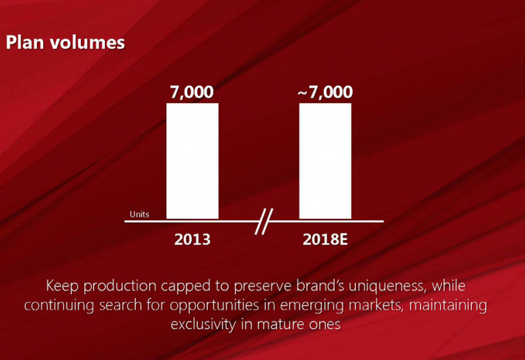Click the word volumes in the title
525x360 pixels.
pyautogui.click(x=87, y=43)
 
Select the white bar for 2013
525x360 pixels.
pyautogui.click(x=193, y=161)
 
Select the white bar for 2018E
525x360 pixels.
pyautogui.click(x=325, y=161)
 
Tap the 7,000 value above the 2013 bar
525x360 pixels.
pyautogui.click(x=192, y=92)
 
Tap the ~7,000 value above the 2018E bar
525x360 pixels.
pyautogui.click(x=325, y=92)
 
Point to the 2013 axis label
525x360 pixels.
pyautogui.click(x=193, y=239)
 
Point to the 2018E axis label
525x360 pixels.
pyautogui.click(x=325, y=239)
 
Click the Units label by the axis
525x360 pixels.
pyautogui.click(x=139, y=215)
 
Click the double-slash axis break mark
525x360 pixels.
pyautogui.click(x=263, y=221)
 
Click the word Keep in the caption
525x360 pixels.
pyautogui.click(x=63, y=286)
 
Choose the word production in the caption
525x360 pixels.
pyautogui.click(x=120, y=287)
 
